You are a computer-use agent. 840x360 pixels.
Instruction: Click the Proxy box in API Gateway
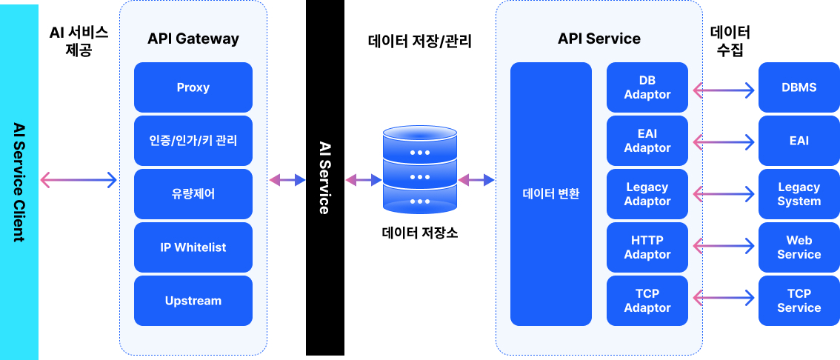point(193,87)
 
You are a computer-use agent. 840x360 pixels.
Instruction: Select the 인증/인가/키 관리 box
point(193,141)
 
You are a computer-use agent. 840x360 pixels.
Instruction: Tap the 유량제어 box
point(193,194)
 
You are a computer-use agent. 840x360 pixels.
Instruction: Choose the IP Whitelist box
point(193,247)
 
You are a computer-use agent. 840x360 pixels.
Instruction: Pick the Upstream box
point(193,301)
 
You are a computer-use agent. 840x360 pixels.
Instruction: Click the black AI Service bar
point(324,178)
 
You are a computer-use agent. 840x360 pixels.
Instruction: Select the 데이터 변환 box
point(551,194)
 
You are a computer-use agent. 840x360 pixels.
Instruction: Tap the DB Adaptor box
point(647,87)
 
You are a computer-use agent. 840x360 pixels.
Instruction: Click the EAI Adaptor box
point(647,141)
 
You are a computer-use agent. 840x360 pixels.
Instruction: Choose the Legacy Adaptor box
point(647,194)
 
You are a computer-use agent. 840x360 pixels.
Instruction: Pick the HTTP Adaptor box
point(647,247)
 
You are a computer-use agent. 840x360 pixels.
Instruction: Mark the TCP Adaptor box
point(647,301)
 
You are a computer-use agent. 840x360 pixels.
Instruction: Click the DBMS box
point(799,87)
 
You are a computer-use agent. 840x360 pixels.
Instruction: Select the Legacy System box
point(799,194)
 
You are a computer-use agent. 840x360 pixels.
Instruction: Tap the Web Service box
point(799,247)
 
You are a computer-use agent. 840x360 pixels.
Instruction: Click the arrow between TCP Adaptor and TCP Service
point(723,299)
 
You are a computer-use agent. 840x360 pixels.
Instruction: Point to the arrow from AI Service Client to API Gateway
point(79,179)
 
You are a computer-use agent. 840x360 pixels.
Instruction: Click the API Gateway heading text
point(193,39)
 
